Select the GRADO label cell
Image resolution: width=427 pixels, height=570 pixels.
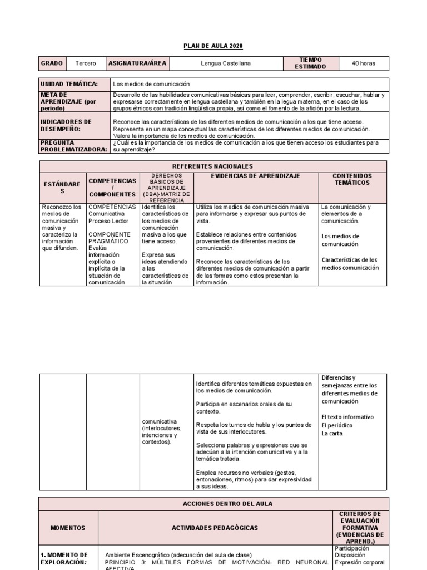[52, 63]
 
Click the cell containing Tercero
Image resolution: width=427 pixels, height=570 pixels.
[85, 63]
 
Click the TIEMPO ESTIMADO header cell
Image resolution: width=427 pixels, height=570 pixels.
[310, 63]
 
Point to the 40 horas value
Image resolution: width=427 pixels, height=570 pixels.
[364, 63]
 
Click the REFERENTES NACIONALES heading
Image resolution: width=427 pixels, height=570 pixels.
[214, 166]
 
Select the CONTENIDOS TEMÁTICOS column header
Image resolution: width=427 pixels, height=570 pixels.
[352, 179]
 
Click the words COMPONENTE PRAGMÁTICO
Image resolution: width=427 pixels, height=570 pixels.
[110, 238]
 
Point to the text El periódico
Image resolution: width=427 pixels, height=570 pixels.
[337, 425]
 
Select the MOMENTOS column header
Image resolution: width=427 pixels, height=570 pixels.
[68, 527]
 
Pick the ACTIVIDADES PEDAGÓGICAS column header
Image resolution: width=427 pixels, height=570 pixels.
[215, 527]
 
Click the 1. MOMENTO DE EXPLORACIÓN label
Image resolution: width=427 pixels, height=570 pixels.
[64, 558]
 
